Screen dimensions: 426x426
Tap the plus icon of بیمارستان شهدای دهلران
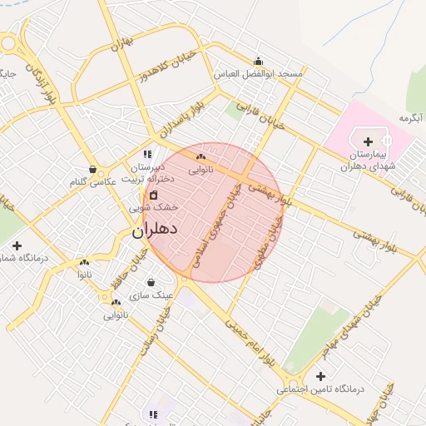coord(369,141)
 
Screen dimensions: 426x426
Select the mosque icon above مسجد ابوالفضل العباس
coord(258,61)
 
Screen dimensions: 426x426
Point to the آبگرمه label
coord(411,118)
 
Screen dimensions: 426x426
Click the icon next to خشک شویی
coord(153,195)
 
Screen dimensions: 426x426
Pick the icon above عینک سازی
coord(151,282)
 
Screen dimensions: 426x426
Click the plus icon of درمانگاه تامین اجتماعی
coord(320,376)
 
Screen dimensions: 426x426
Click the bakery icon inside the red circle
coord(201,156)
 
